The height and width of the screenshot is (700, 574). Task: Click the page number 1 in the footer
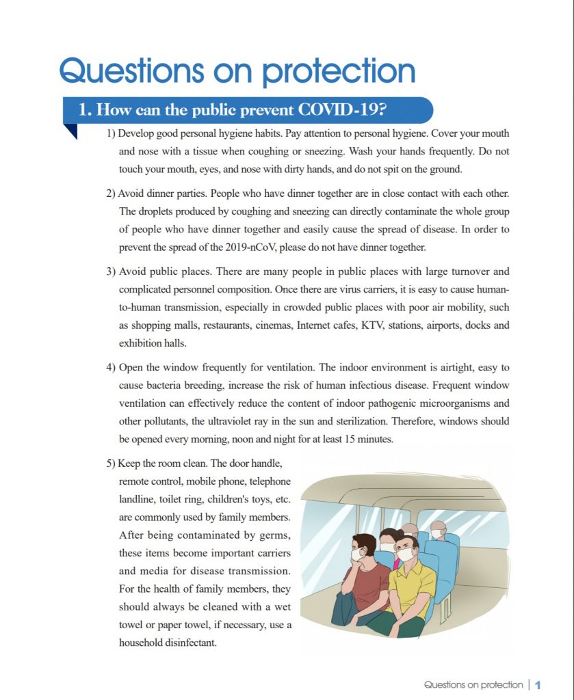538,684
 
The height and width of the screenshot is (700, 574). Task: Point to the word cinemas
270,325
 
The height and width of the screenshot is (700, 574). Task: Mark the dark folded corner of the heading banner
70,131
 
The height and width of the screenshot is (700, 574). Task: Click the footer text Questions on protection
473,684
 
